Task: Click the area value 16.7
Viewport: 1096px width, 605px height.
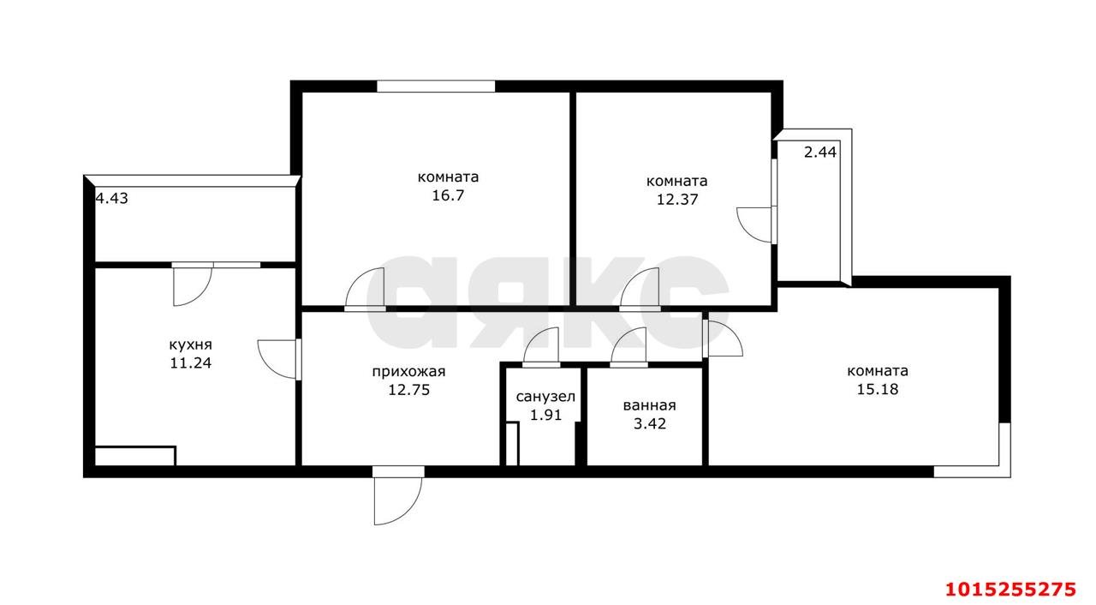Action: (x=448, y=195)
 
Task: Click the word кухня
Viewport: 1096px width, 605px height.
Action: (x=190, y=344)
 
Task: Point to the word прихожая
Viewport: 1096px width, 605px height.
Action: (x=408, y=372)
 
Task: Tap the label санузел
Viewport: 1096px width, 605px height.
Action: (x=545, y=398)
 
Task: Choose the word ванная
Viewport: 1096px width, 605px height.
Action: (x=650, y=406)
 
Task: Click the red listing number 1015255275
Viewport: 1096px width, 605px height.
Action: (x=1009, y=589)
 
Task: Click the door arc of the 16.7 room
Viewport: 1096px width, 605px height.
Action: (x=366, y=288)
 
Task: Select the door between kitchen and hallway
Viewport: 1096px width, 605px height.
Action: (x=278, y=359)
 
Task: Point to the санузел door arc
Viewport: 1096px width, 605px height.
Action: (x=541, y=346)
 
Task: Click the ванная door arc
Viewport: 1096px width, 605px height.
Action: (x=629, y=346)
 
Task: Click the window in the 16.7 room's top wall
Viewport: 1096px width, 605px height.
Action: (x=436, y=86)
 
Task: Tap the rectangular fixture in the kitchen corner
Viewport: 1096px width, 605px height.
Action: (x=134, y=455)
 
